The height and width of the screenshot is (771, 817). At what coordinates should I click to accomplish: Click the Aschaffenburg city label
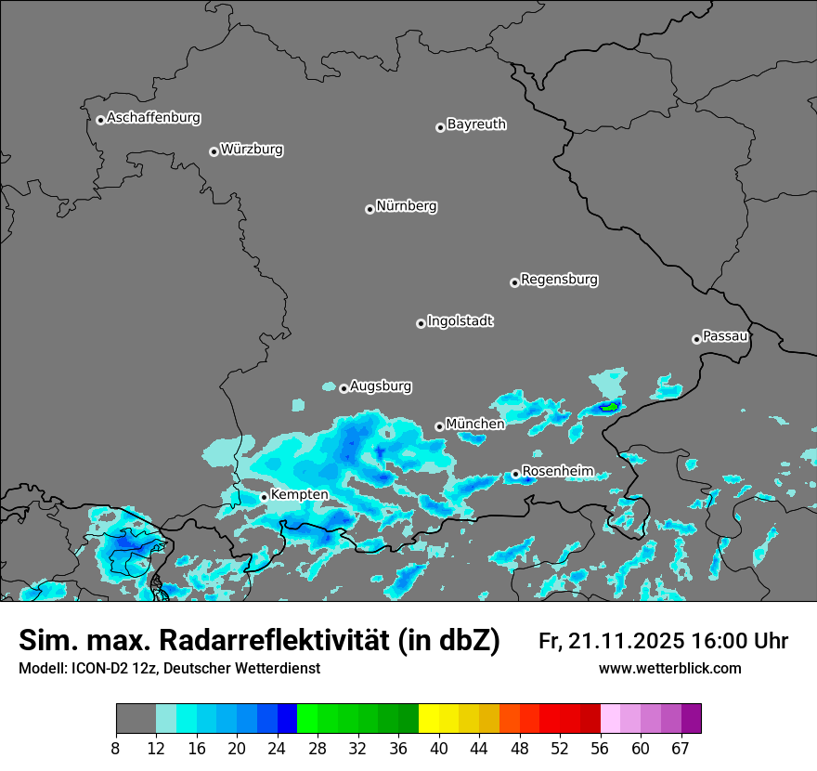click(153, 118)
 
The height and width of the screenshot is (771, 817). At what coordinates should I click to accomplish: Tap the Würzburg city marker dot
click(214, 151)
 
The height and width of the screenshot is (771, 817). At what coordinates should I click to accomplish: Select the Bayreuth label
click(476, 124)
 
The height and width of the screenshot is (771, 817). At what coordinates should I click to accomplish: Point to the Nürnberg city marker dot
click(370, 209)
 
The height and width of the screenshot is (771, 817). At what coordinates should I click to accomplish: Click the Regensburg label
click(559, 279)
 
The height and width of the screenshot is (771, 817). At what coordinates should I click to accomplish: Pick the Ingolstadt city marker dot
click(421, 323)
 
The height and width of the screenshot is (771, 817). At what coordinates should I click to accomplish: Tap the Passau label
click(725, 335)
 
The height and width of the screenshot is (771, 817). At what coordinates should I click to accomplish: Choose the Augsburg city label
click(381, 385)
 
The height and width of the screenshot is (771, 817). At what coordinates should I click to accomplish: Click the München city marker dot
click(439, 426)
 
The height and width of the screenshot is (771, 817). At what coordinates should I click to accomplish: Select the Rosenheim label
click(557, 471)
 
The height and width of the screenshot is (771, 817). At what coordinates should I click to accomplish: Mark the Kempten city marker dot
click(264, 497)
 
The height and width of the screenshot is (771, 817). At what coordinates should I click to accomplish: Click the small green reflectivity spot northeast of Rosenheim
click(609, 406)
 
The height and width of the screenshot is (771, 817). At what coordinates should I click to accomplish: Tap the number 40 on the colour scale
click(438, 749)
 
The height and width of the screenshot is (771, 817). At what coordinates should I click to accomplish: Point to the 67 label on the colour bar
click(681, 749)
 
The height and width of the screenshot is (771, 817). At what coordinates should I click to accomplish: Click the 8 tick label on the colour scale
click(116, 749)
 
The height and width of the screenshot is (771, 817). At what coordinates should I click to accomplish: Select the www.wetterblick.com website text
click(669, 669)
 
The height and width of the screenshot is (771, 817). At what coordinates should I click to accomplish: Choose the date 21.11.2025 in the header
click(626, 641)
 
